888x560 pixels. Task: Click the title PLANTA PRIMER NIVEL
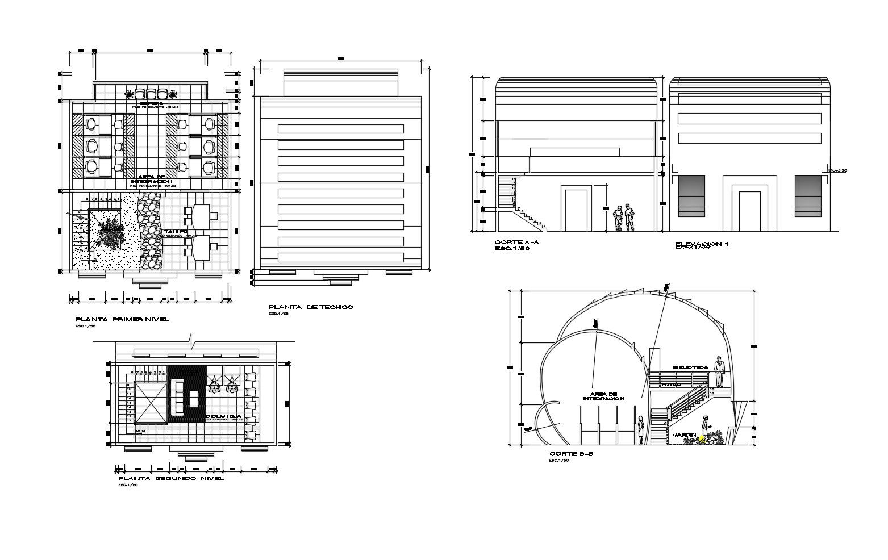click(x=122, y=319)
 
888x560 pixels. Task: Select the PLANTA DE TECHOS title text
click(x=311, y=307)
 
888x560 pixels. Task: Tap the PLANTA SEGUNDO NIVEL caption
click(x=171, y=478)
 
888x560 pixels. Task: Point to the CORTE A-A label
click(x=516, y=243)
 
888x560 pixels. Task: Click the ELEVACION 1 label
click(x=702, y=244)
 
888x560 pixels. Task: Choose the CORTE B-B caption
click(x=571, y=454)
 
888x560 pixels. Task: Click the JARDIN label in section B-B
click(x=685, y=434)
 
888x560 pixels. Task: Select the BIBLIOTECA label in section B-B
click(x=690, y=367)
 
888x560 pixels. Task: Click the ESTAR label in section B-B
click(x=671, y=385)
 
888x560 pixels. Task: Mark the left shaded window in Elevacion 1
click(x=691, y=196)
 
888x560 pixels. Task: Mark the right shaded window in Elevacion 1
click(x=807, y=196)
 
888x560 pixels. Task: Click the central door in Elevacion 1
click(x=749, y=211)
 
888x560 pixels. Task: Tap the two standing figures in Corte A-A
click(x=624, y=218)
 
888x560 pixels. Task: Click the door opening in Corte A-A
click(x=576, y=210)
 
